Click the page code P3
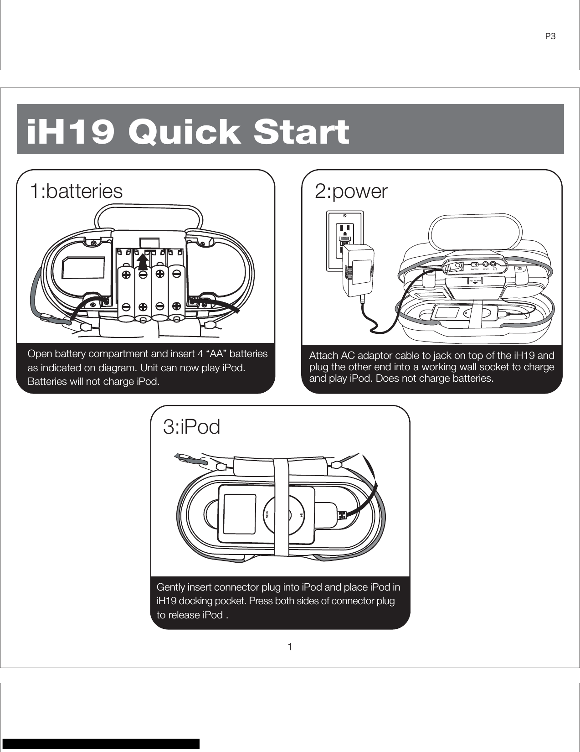tap(550, 36)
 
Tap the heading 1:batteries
tap(76, 191)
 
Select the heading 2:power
tap(351, 192)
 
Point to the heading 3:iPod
tap(191, 427)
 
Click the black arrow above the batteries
tap(143, 262)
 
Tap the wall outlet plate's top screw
tap(345, 215)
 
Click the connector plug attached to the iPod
tap(341, 515)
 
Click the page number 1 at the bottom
tap(290, 647)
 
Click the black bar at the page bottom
tap(101, 743)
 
